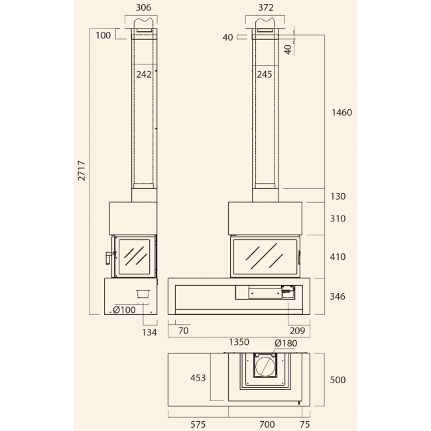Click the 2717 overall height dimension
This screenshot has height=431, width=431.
pos(82,170)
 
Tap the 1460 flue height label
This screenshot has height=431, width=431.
pos(341,113)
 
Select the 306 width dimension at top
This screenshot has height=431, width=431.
pos(143,7)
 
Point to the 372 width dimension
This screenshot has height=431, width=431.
pos(266,7)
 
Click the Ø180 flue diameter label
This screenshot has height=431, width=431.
pos(286,343)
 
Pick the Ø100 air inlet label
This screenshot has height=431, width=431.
pos(124,310)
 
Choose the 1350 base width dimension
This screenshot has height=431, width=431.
pos(239,342)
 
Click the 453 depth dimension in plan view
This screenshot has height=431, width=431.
pos(198,378)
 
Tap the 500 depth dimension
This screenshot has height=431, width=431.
pos(338,379)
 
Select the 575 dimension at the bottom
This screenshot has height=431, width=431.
pos(198,424)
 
